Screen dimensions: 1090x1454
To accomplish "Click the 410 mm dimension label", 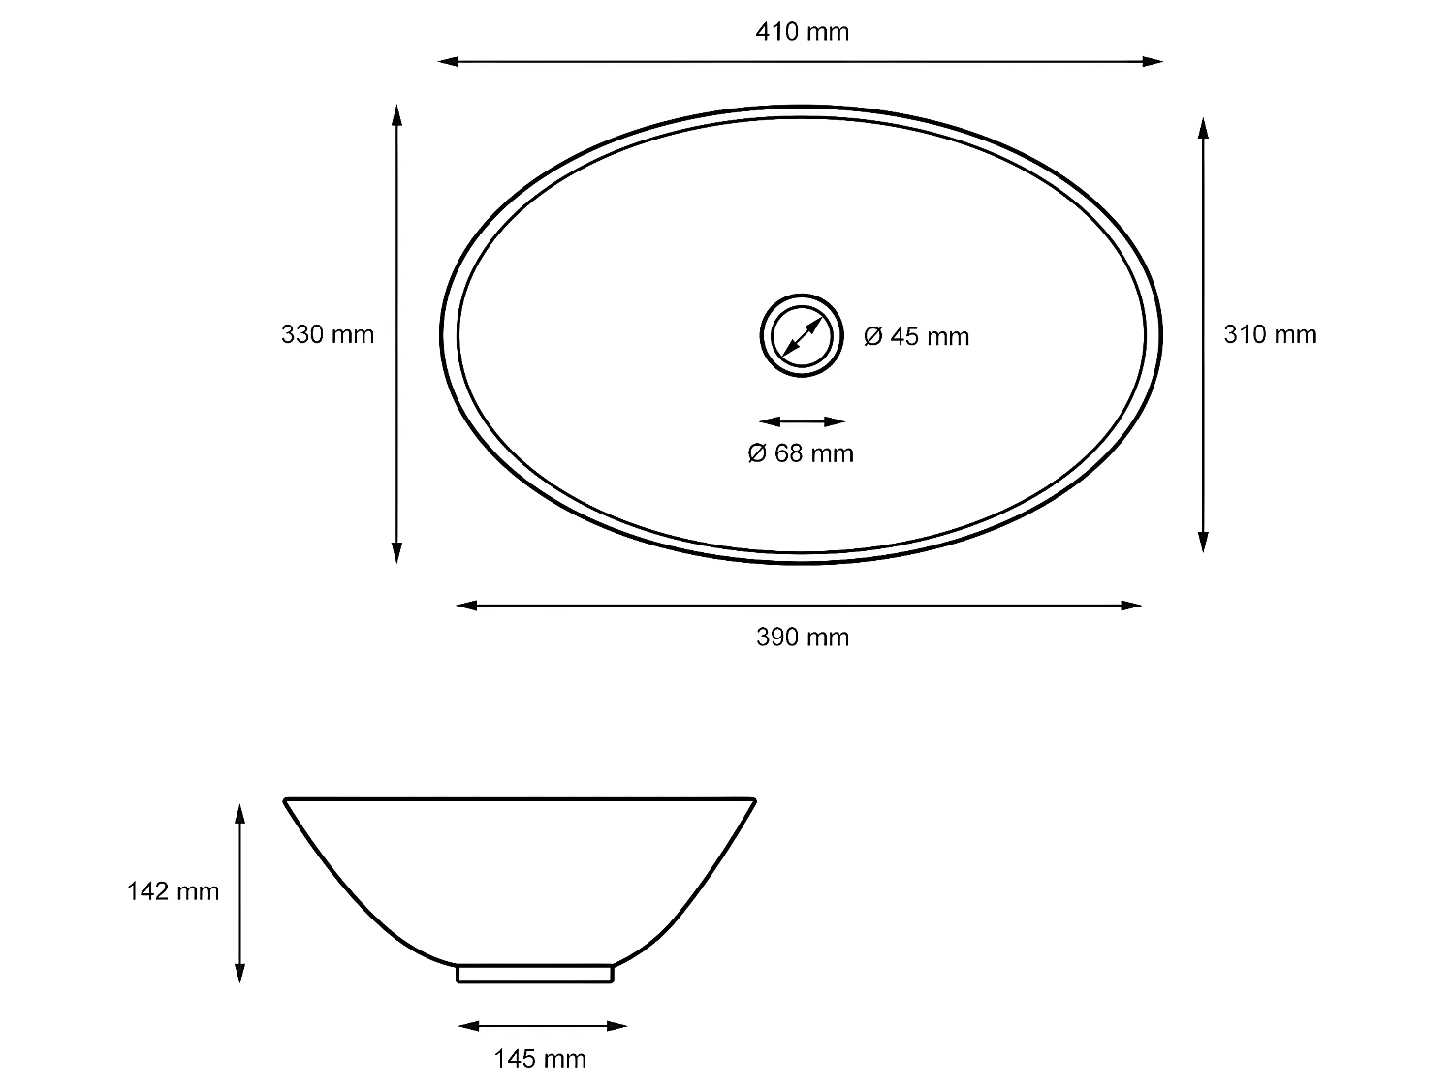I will pos(802,32).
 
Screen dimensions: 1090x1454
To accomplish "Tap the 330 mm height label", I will pos(327,334).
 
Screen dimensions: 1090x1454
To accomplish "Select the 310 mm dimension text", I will pos(1270,334).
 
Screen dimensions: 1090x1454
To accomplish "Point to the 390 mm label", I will pos(802,637).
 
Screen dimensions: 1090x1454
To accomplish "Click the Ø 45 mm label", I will pos(916,336).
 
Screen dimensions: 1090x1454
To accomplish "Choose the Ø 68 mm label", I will pos(801,453).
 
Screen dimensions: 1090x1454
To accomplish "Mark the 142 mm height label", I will pos(173,891).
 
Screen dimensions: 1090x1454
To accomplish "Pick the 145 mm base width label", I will pos(540,1059).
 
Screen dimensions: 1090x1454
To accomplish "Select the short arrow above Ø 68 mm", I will pos(802,421).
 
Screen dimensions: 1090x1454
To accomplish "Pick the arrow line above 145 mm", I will pos(542,1026).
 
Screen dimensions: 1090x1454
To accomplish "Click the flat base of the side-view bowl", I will pos(535,973).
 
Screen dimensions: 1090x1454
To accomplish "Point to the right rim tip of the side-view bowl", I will pos(753,801).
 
